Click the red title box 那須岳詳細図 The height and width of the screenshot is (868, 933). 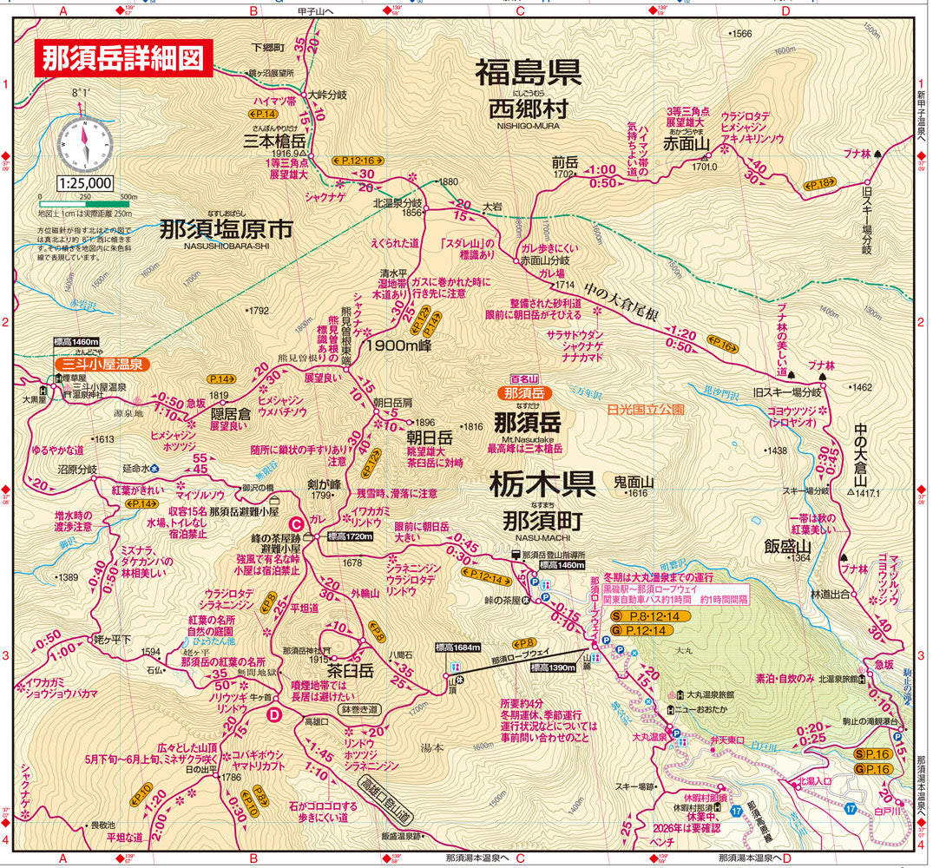click(x=122, y=58)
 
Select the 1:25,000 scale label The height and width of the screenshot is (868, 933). click(x=86, y=183)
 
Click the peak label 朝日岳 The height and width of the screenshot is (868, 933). click(x=425, y=436)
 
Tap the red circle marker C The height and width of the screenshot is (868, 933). click(x=296, y=524)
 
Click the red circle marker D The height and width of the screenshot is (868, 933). click(x=273, y=714)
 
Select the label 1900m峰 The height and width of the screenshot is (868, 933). click(x=398, y=345)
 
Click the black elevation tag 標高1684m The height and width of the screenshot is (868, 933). click(x=458, y=648)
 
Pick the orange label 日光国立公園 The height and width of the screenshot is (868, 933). click(x=646, y=408)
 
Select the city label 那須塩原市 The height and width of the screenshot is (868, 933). click(x=227, y=229)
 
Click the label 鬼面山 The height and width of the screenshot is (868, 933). click(x=633, y=480)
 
